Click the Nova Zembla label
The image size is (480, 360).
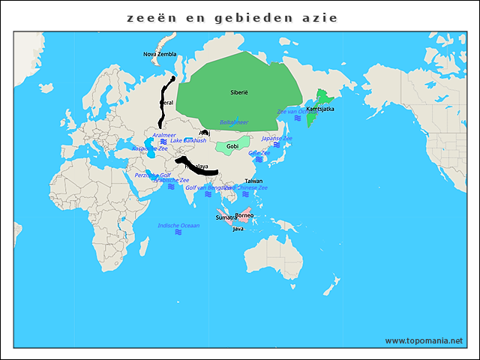click(x=160, y=54)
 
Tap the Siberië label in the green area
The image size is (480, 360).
click(x=239, y=92)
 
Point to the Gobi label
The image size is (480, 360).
click(x=232, y=145)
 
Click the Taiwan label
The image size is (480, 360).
click(x=253, y=181)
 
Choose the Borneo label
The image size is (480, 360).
click(x=244, y=215)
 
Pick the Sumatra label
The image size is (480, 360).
click(x=226, y=217)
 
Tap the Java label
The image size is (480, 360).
click(x=238, y=228)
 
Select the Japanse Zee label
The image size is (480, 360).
click(x=277, y=139)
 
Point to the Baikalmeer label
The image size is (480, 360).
click(x=234, y=121)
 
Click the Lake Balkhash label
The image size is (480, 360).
click(x=188, y=140)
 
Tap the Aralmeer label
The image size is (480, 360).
click(x=163, y=136)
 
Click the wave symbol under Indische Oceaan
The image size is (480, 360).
click(x=178, y=232)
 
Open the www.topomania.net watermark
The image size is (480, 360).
click(x=424, y=340)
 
